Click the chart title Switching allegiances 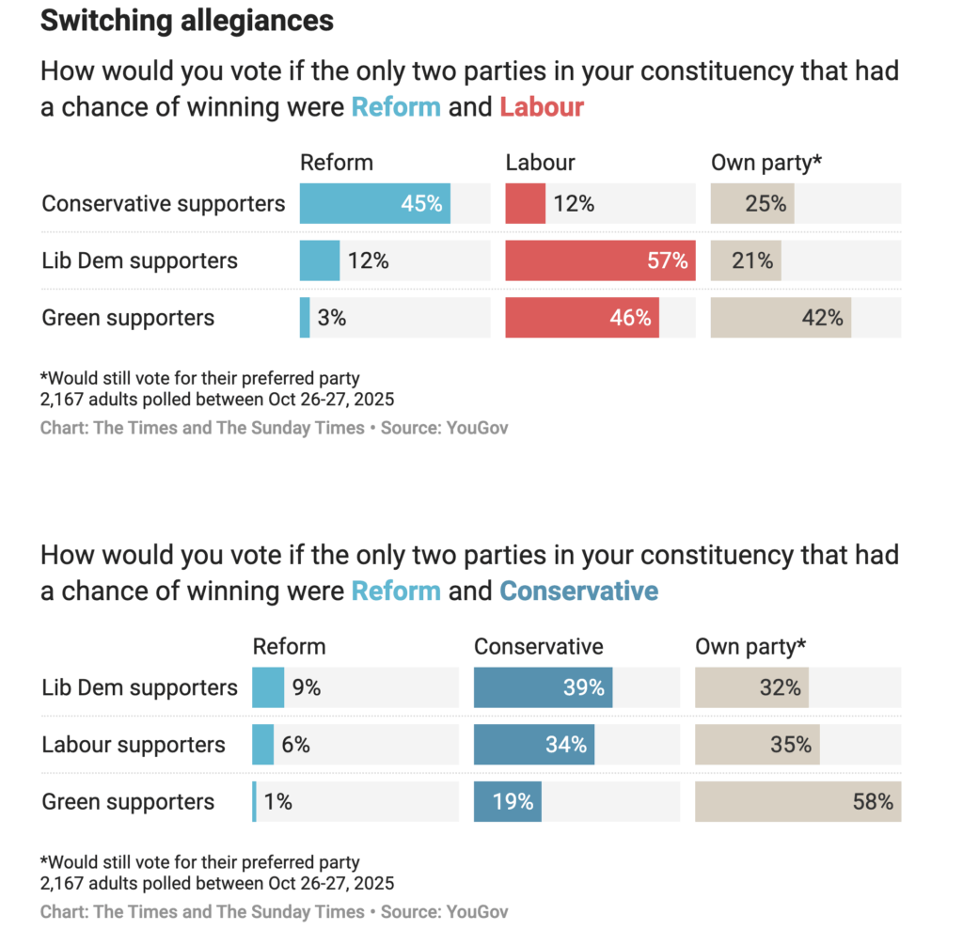(x=186, y=21)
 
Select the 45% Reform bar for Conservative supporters (x=374, y=203)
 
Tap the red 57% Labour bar (x=600, y=260)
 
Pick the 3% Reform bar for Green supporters (x=305, y=318)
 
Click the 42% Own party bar (x=780, y=318)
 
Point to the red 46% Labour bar (x=581, y=318)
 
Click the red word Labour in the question (x=542, y=107)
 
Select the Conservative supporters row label (x=164, y=203)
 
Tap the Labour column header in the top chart (x=540, y=163)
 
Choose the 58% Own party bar (x=797, y=801)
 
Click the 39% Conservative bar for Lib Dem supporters (x=543, y=687)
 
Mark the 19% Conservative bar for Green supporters (x=507, y=801)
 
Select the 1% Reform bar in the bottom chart (x=254, y=801)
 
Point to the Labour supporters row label (x=134, y=745)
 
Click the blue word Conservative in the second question (x=578, y=591)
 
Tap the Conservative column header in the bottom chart (x=538, y=647)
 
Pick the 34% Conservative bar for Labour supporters (x=533, y=745)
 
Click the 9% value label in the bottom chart (x=306, y=687)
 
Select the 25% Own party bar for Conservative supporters (x=751, y=203)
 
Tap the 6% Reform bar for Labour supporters (x=262, y=745)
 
